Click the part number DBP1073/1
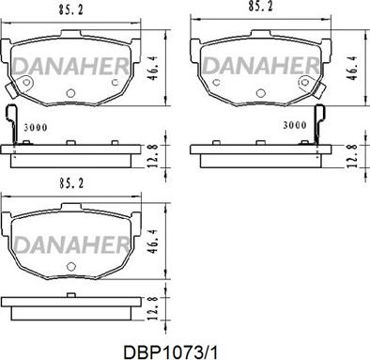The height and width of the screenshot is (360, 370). [x=170, y=352]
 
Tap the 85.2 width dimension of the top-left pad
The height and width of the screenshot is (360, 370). [x=70, y=10]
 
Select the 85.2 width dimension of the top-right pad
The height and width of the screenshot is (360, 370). [x=260, y=7]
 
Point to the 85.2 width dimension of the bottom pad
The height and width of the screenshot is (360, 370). [x=71, y=183]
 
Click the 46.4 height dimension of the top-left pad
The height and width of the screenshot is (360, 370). [x=153, y=68]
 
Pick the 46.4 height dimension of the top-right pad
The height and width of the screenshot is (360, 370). [x=353, y=68]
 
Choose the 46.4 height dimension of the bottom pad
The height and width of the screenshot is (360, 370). [x=153, y=242]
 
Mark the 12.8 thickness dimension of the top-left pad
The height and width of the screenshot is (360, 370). [x=153, y=156]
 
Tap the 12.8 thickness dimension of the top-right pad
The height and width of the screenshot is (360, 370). [x=352, y=156]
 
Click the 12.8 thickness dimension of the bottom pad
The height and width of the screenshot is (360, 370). [x=153, y=308]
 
